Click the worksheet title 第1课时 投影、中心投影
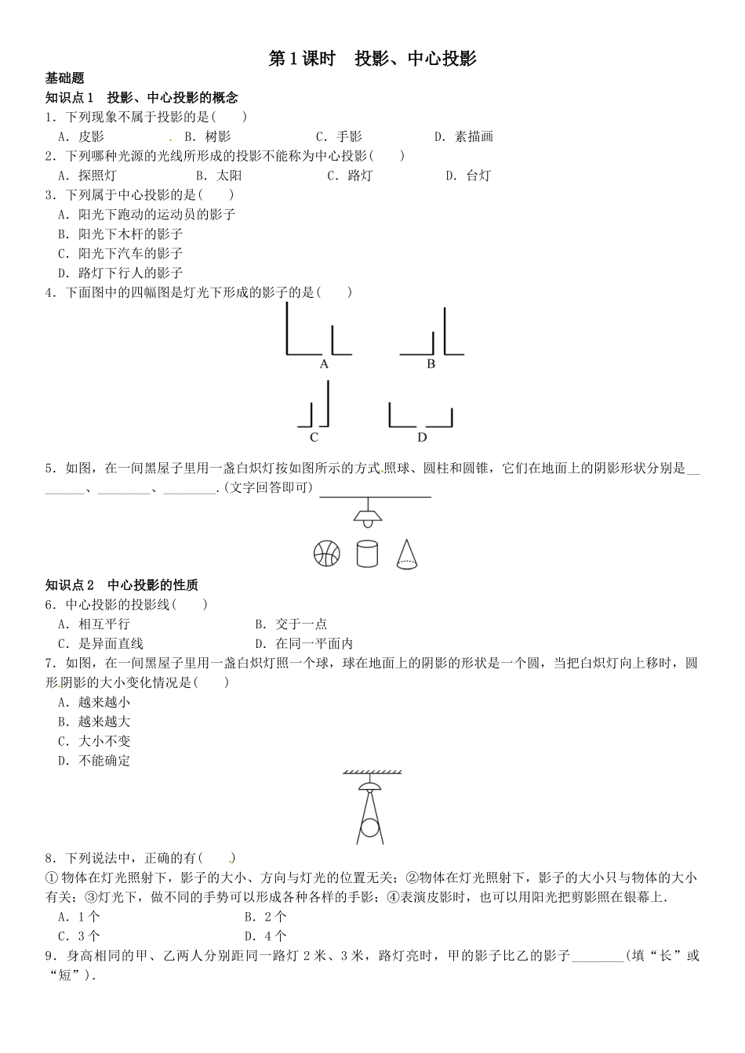[x=372, y=59]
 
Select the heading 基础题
[x=65, y=78]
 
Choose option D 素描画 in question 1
[x=463, y=136]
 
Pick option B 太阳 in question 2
[x=219, y=175]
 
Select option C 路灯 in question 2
[x=350, y=175]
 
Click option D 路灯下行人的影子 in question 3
[x=120, y=273]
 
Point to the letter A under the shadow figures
[x=324, y=364]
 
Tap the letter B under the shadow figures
[x=431, y=364]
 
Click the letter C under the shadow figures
[x=314, y=438]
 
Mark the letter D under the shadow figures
[x=422, y=438]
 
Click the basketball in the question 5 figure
[x=327, y=553]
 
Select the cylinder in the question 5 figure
[x=367, y=553]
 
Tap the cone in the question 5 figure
[x=406, y=553]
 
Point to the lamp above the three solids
[x=367, y=515]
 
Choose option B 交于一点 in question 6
[x=291, y=624]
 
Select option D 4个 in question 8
[x=266, y=935]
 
